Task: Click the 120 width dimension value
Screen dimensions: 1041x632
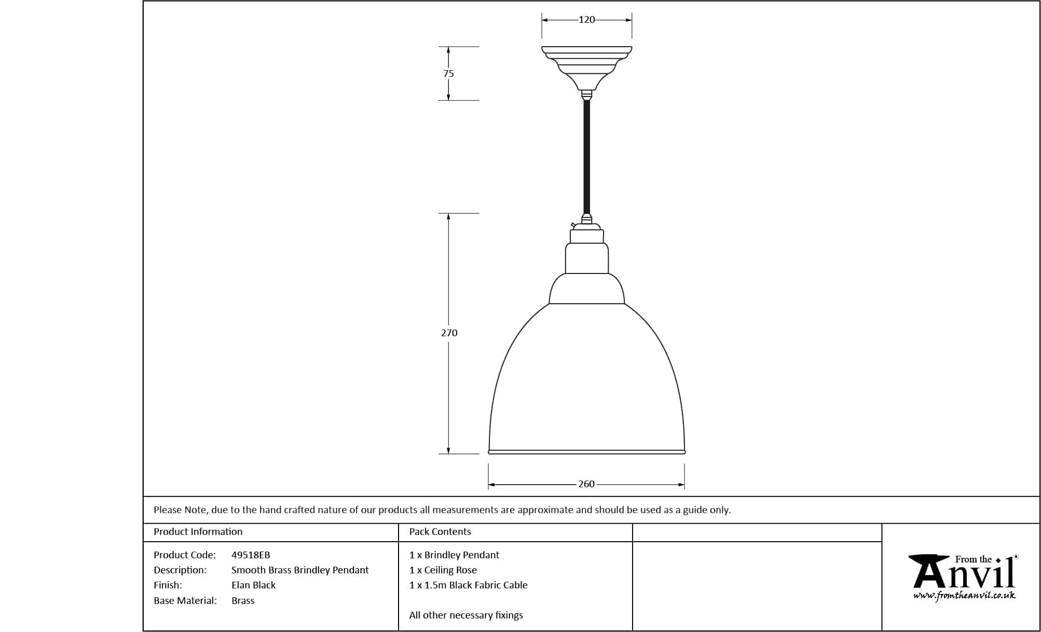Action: point(586,20)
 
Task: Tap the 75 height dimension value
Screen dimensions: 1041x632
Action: point(448,74)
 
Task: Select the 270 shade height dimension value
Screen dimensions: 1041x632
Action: point(449,333)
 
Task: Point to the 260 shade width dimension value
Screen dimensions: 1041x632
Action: point(586,484)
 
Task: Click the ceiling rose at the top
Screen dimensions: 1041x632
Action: point(586,68)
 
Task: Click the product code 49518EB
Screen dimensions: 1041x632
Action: point(251,555)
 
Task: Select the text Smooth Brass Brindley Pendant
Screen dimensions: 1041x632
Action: point(300,570)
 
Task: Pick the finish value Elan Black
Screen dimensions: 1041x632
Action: point(253,585)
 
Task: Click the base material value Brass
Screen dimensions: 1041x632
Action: point(243,601)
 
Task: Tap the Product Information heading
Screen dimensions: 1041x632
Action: point(198,532)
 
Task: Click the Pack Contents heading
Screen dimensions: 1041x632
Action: point(440,532)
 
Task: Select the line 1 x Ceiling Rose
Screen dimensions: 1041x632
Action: point(443,570)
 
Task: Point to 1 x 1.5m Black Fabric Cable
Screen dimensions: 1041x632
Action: point(468,585)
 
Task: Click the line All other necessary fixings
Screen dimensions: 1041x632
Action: point(466,615)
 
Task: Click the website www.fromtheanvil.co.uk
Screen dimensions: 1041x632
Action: point(964,596)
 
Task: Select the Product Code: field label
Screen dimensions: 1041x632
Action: point(185,555)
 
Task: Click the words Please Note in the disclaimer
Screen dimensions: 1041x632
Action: point(181,510)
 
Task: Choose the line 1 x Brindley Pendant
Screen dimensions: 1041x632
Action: point(454,555)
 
